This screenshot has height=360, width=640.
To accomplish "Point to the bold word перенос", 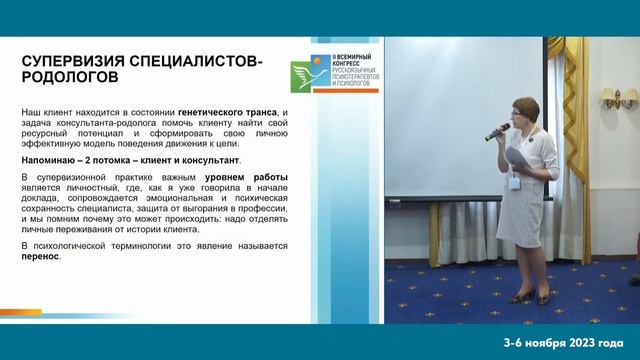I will coord(40,256).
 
